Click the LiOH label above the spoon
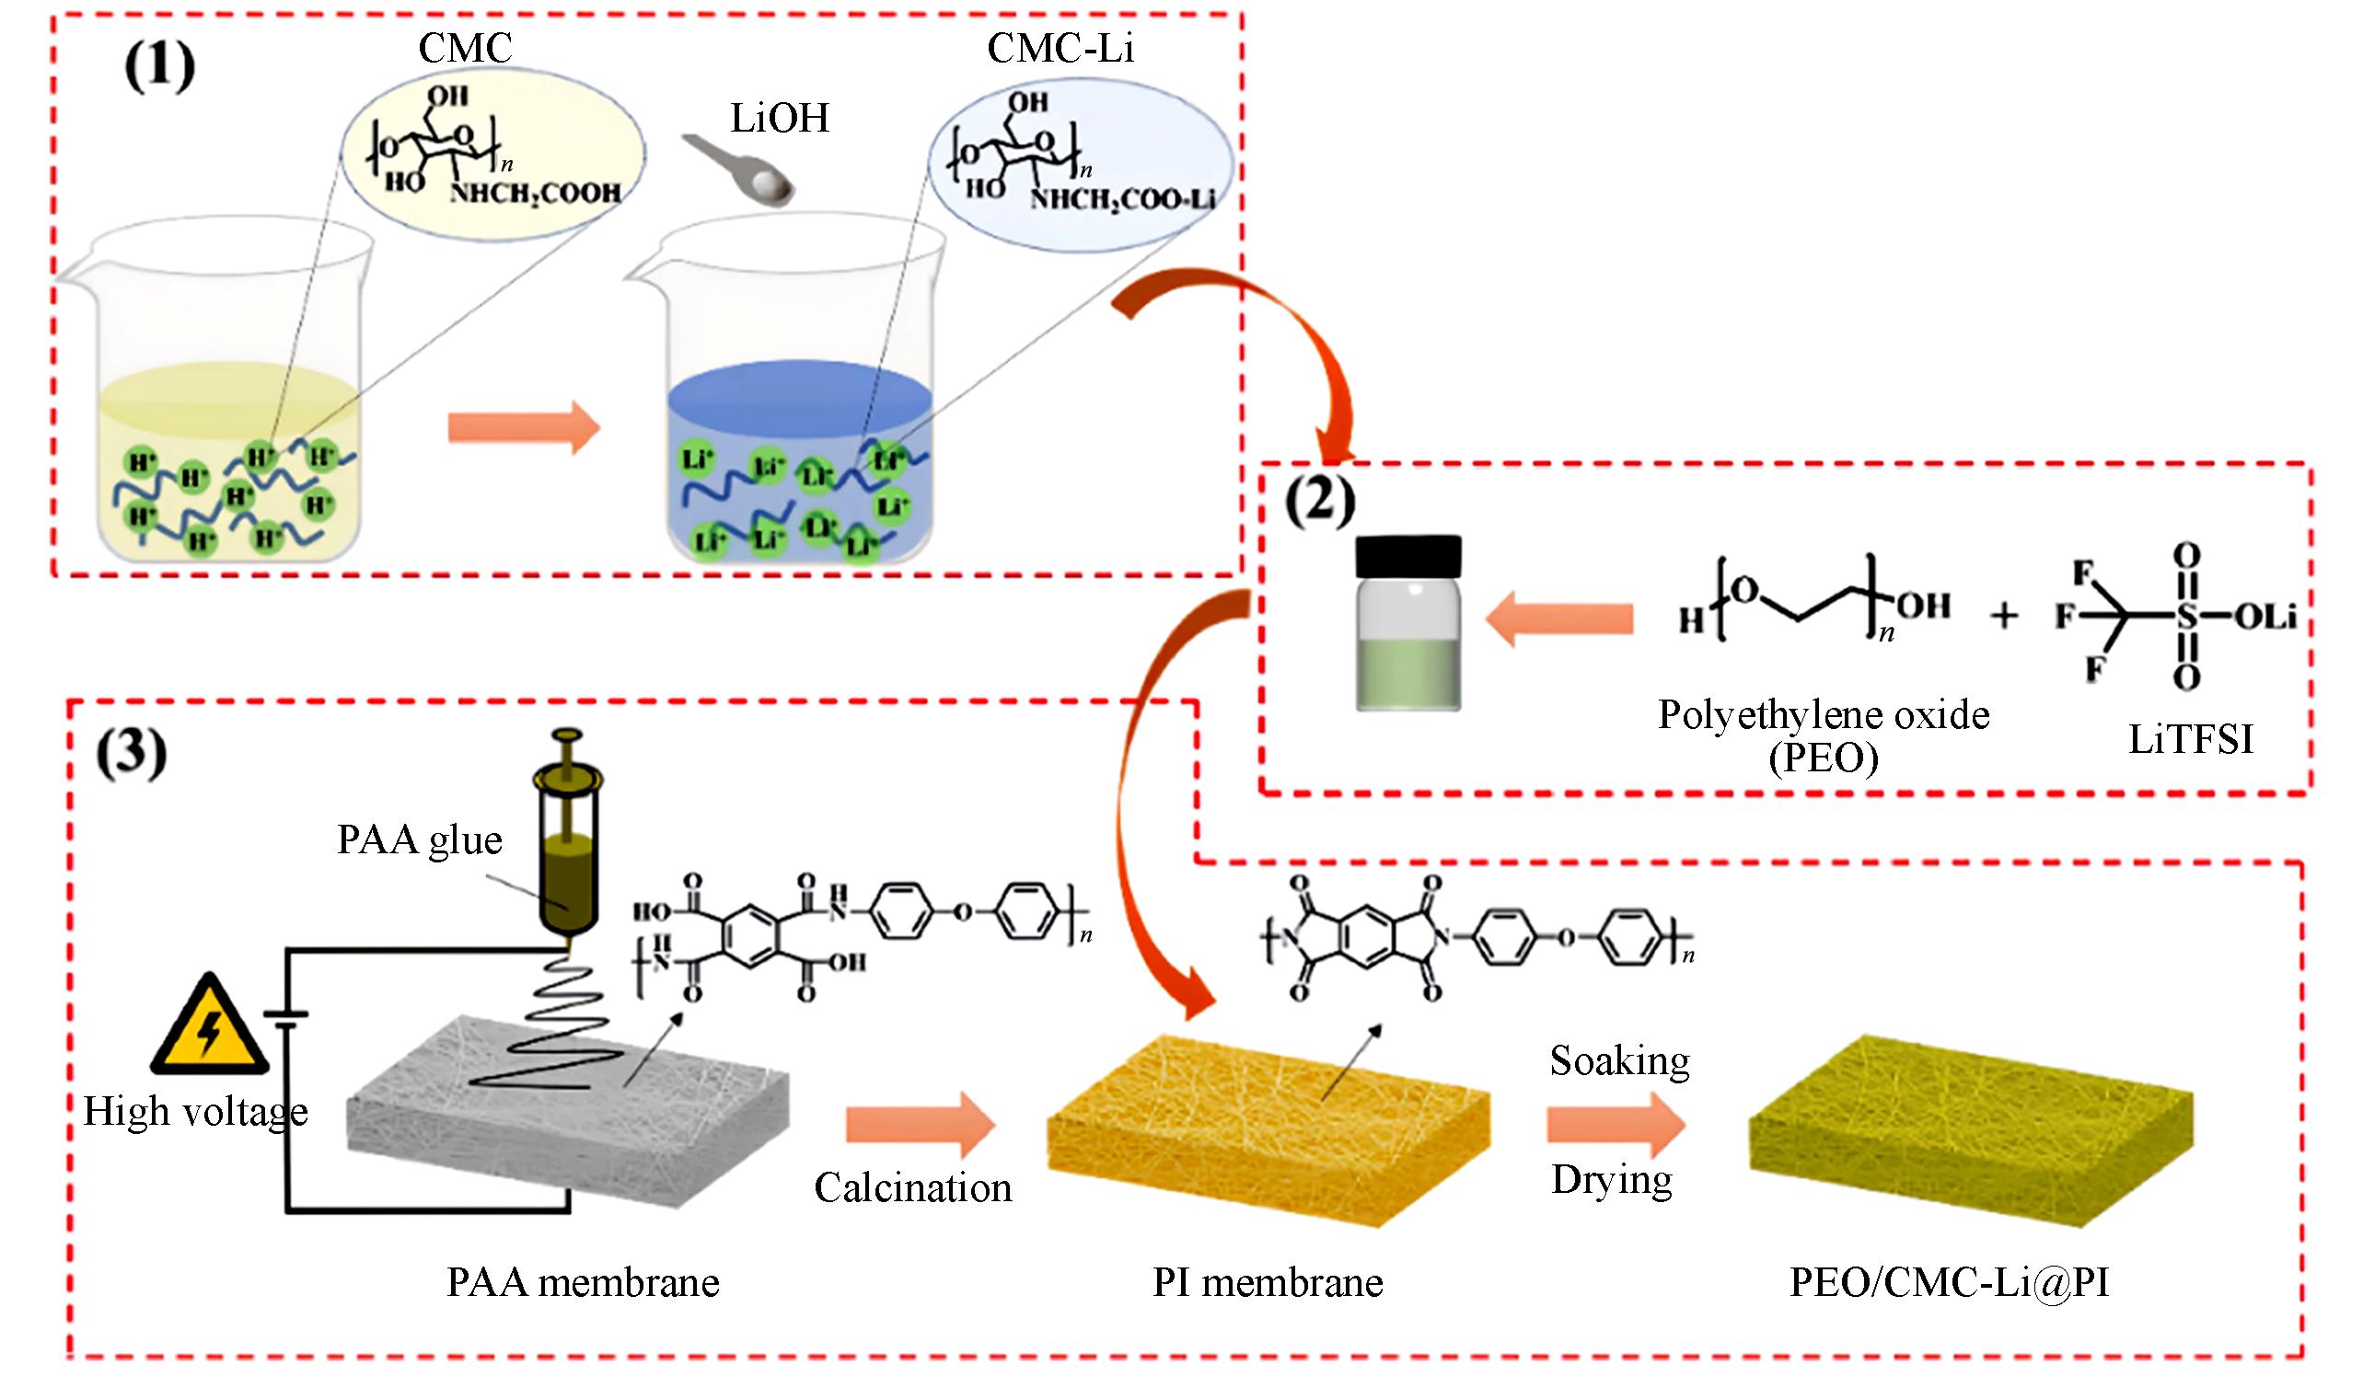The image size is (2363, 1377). tap(779, 119)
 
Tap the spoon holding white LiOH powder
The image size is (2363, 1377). tap(746, 172)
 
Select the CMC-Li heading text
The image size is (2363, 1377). tap(1060, 48)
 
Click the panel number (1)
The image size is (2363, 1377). tap(159, 66)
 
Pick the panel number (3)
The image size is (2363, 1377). tap(132, 754)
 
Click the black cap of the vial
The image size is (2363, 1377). tap(1407, 557)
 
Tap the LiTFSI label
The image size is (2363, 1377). tap(2190, 740)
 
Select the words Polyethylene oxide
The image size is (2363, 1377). tap(1823, 716)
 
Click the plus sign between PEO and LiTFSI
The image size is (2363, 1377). tap(2004, 616)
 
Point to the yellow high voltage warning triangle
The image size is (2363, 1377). tap(209, 1027)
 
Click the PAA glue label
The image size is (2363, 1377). tap(419, 839)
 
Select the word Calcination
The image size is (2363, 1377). tap(912, 1187)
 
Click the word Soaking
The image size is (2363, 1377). tap(1619, 1061)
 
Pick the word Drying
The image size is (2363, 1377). tap(1611, 1179)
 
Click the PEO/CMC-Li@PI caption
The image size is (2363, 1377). tap(1949, 1282)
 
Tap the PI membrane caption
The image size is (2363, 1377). tap(1267, 1282)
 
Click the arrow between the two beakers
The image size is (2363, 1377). tap(523, 427)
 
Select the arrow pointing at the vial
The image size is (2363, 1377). tap(1559, 618)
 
